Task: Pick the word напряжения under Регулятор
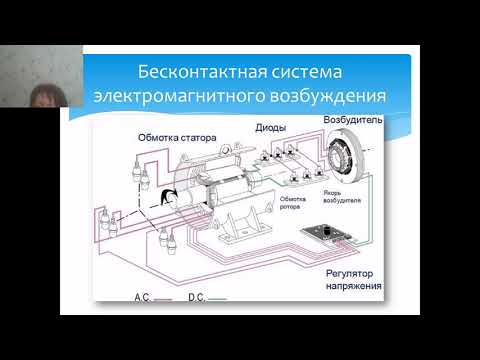pos(355,287)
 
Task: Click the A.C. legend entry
pos(146,297)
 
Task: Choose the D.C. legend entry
pos(197,297)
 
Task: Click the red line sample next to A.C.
pos(166,298)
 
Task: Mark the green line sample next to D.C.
pos(218,298)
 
